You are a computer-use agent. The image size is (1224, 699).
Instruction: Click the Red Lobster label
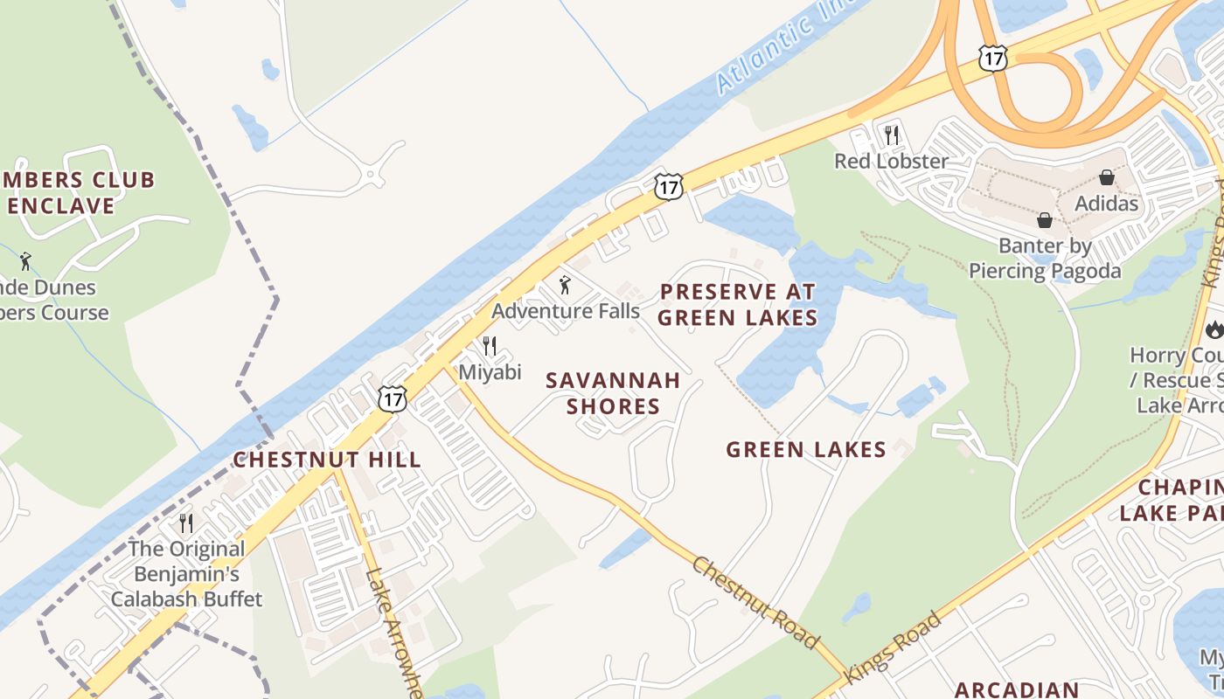point(891,162)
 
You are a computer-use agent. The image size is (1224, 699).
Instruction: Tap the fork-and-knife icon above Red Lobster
point(892,135)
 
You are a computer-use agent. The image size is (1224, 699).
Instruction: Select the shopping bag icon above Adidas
point(1107,177)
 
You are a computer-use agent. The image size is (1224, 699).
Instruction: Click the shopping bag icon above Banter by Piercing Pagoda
point(1044,219)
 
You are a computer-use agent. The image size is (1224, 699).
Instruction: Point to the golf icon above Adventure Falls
point(565,285)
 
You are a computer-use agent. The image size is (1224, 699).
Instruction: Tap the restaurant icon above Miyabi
point(490,346)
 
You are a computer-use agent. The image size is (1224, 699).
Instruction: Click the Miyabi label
point(490,372)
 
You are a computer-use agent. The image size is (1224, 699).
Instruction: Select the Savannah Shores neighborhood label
point(613,393)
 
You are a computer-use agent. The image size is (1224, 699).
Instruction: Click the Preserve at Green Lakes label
point(737,304)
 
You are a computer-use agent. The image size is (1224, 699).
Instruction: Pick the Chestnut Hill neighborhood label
point(326,460)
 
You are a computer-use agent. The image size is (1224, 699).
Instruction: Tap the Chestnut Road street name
point(756,603)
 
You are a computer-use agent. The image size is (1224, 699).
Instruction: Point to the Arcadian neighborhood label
point(1017,689)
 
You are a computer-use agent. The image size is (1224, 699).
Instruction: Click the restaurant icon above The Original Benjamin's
point(186,523)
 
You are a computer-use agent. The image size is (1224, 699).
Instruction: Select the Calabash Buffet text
point(186,599)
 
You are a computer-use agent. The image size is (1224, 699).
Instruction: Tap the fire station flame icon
point(1214,329)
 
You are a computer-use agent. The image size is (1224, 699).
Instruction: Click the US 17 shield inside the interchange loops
point(993,59)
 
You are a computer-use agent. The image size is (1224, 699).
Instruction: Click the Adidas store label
point(1107,204)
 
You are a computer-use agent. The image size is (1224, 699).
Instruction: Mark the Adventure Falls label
point(565,311)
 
